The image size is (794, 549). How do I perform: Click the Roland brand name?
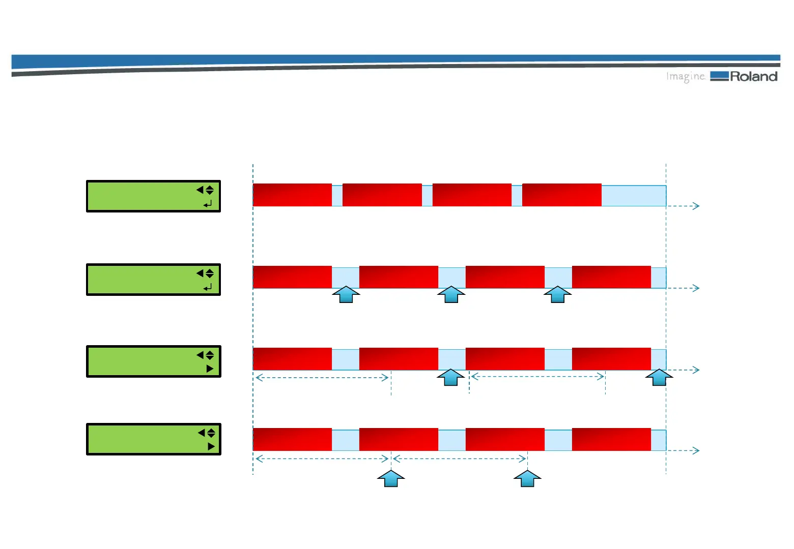coord(754,77)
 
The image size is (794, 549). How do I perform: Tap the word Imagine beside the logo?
coord(685,77)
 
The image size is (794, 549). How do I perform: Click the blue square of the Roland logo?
coord(719,76)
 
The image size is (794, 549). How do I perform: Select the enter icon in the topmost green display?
coord(208,204)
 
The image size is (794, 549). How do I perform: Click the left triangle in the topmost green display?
coord(200,190)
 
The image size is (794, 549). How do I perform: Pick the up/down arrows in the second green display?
coord(210,273)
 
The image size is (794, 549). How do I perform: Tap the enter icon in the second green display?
coord(208,288)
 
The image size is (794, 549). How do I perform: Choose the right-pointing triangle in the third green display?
coord(210,369)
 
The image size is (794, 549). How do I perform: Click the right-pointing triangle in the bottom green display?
coord(211,446)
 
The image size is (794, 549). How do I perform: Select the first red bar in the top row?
coord(292,195)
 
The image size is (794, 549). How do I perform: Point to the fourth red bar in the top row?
coord(561,195)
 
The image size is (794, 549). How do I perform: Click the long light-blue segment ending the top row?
coord(634,196)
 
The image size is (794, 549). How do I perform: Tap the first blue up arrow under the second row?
coord(346,294)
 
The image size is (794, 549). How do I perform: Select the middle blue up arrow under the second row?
coord(451,294)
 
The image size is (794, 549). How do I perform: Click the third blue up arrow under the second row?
coord(557,294)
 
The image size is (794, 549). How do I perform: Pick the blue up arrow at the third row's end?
coord(659,377)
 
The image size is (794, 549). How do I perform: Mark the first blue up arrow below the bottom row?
coord(391,478)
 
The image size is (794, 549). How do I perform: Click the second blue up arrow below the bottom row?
coord(527,478)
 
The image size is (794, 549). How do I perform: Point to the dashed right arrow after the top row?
coord(684,206)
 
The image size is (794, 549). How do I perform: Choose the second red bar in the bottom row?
coord(399,439)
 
